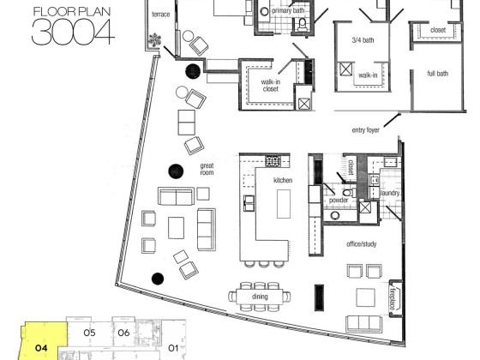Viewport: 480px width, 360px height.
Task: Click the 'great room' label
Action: pyautogui.click(x=207, y=170)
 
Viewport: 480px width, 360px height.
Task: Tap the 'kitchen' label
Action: pyautogui.click(x=283, y=180)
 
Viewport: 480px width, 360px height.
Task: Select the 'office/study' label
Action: pyautogui.click(x=361, y=244)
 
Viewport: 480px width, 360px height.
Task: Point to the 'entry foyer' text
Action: pyautogui.click(x=365, y=130)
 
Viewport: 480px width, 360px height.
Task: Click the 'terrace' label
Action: pyautogui.click(x=161, y=15)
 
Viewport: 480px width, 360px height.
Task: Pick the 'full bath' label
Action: pyautogui.click(x=437, y=74)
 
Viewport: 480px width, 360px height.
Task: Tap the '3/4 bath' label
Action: pyautogui.click(x=363, y=39)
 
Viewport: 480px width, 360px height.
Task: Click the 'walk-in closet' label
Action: pyautogui.click(x=270, y=86)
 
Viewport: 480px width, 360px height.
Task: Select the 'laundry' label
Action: pyautogui.click(x=390, y=193)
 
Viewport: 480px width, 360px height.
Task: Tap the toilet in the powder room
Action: pyautogui.click(x=348, y=193)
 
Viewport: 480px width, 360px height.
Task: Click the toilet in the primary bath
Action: pyautogui.click(x=303, y=24)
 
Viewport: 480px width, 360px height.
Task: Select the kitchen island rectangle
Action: pyautogui.click(x=284, y=204)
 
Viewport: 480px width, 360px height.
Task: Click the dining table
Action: pyautogui.click(x=260, y=297)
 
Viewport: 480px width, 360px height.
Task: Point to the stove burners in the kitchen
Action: pyautogui.click(x=273, y=161)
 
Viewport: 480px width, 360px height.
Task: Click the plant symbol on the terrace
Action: pyautogui.click(x=155, y=40)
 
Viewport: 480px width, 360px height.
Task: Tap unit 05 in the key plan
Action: pyautogui.click(x=90, y=333)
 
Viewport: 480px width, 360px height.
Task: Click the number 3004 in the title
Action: pyautogui.click(x=73, y=32)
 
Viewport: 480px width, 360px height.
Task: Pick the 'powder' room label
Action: pyautogui.click(x=339, y=201)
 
